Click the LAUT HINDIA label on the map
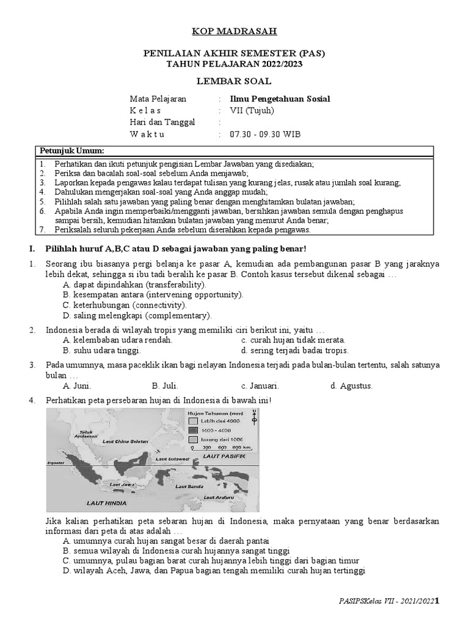point(106,503)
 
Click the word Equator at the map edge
point(56,463)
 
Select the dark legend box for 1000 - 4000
point(192,430)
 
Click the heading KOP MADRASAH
point(234,31)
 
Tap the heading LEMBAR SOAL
point(234,81)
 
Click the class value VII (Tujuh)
point(252,110)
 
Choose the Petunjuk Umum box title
point(72,151)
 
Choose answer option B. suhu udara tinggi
point(102,350)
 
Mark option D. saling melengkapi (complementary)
point(137,316)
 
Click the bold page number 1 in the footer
point(437,602)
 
